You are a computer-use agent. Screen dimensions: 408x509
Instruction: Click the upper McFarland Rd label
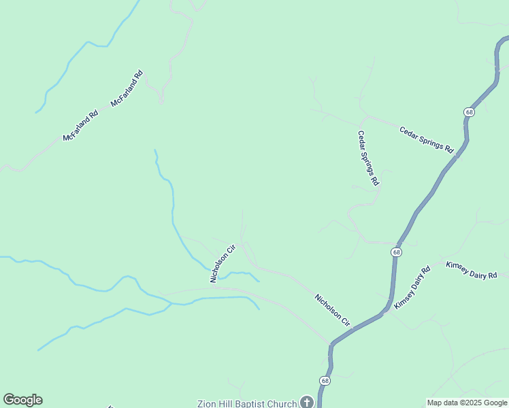pos(127,88)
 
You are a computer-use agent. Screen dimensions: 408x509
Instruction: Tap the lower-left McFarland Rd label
pos(80,126)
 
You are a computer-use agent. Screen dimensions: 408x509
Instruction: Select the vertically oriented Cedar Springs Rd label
pos(368,158)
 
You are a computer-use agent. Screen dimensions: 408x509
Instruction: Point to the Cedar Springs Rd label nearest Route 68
pos(426,139)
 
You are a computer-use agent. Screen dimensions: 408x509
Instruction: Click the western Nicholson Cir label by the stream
pos(222,263)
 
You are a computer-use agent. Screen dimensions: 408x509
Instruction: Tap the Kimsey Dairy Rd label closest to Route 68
pos(412,288)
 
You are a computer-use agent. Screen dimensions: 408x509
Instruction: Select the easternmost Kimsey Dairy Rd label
pos(472,270)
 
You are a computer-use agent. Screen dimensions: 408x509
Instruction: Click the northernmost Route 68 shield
pos(470,112)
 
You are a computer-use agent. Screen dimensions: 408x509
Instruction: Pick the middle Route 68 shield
pos(396,252)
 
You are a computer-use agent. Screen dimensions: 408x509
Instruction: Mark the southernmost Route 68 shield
pos(325,381)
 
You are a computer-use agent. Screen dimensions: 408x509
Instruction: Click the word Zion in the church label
pos(208,403)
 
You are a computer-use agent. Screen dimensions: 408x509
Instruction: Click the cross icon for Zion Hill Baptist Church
pos(306,403)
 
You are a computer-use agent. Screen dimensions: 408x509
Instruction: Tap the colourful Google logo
pos(22,400)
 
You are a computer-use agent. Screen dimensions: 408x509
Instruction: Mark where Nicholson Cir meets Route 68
pos(331,344)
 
